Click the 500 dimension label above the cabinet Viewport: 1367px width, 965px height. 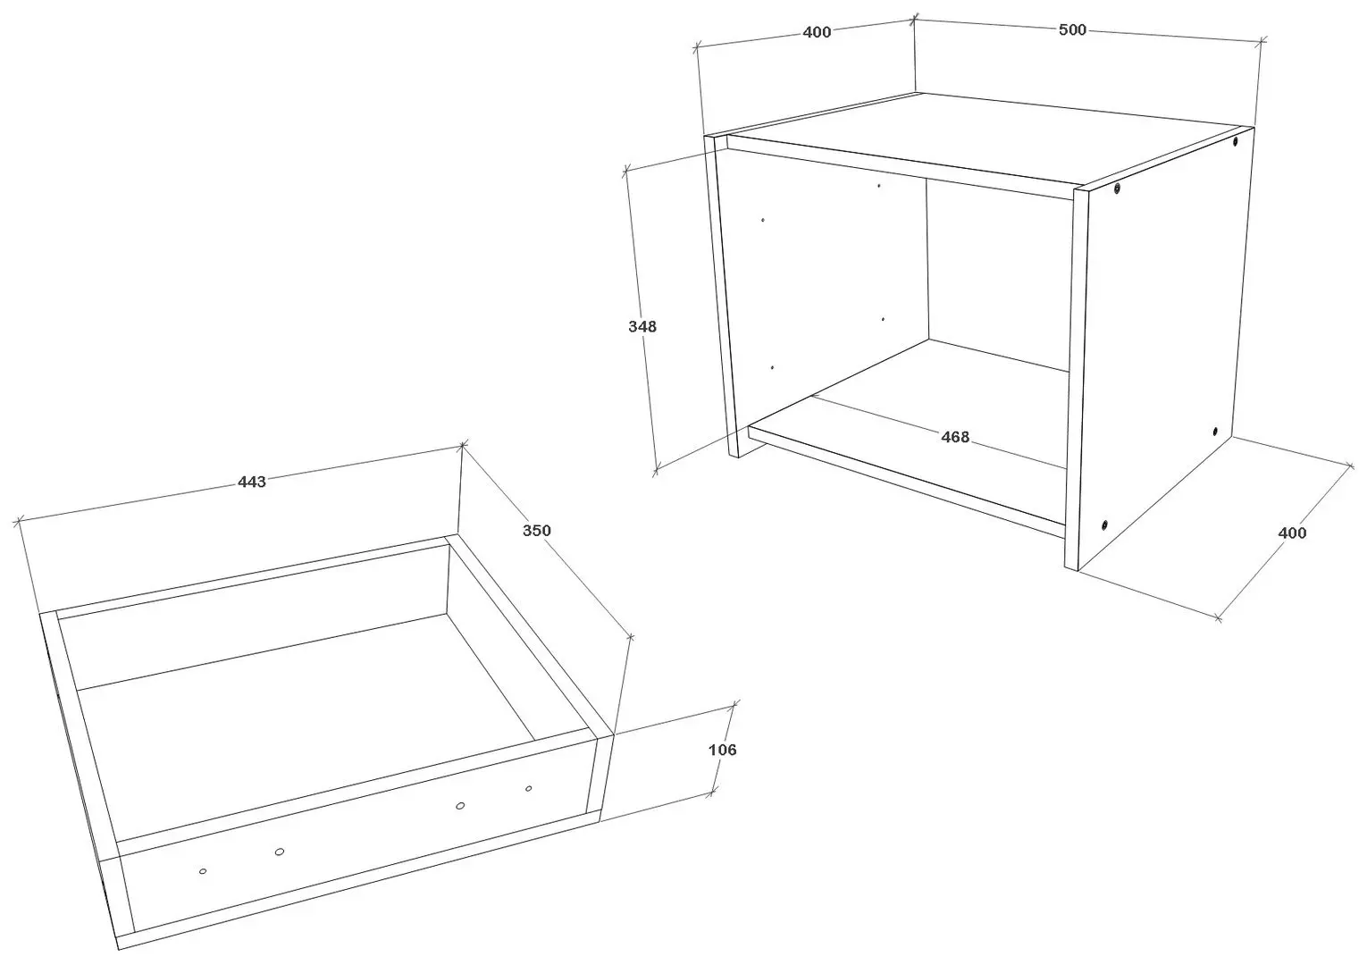1072,29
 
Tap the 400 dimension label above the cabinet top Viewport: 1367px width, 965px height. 817,32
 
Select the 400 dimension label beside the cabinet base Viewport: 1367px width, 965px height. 1292,533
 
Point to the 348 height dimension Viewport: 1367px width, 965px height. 642,326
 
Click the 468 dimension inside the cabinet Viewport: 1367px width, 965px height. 955,437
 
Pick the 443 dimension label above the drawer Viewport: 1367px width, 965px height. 252,482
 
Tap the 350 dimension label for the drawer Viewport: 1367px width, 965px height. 536,531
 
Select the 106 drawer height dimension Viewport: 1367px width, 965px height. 723,750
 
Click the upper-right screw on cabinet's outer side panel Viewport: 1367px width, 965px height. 1235,141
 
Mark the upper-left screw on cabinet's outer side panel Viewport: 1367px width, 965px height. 1117,188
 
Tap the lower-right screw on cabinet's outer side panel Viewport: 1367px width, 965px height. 1214,432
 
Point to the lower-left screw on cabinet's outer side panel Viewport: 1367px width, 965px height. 1104,525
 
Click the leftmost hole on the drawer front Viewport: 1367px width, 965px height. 203,871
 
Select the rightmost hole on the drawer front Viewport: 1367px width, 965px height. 529,789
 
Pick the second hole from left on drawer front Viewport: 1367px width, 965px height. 280,852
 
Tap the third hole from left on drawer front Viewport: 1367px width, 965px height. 460,806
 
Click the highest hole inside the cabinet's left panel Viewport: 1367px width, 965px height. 879,186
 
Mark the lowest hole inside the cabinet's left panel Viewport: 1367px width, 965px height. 773,367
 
